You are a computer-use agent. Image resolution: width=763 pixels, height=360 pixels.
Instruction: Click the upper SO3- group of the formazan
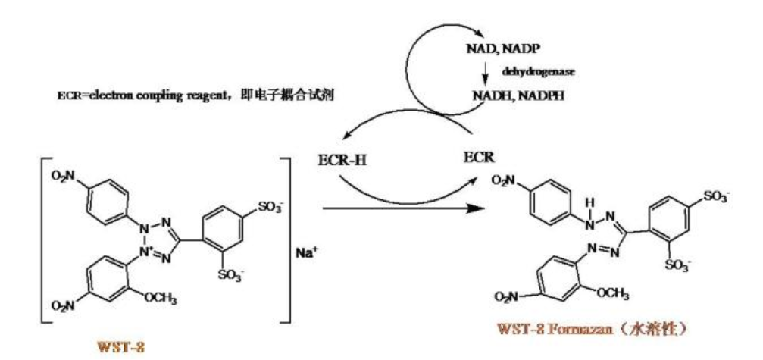[713, 196]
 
